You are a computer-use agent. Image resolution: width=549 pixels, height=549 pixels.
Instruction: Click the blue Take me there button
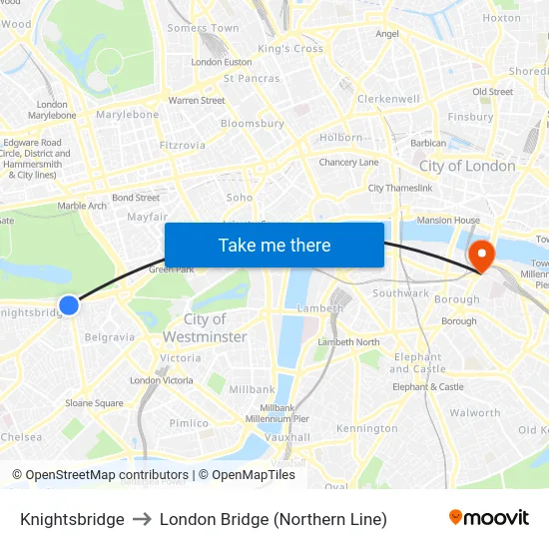point(274,245)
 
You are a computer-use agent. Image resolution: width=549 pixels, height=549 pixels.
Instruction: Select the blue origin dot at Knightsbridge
point(69,305)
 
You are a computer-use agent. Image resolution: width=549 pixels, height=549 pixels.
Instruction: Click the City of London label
point(467,167)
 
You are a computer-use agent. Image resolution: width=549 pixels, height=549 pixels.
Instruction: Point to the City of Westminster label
point(205,328)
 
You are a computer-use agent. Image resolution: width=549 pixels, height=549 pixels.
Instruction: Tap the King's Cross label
point(290,49)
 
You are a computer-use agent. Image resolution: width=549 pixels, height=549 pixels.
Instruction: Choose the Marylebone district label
point(128,115)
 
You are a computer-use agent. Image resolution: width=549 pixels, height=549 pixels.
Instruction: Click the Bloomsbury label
point(253,124)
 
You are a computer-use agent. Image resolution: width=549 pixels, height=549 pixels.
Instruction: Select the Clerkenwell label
point(388,99)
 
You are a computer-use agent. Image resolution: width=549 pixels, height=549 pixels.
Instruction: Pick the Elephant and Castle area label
point(418,363)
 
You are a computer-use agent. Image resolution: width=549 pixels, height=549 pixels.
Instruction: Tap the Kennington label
point(366,429)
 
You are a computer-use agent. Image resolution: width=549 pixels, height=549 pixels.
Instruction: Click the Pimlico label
point(189,423)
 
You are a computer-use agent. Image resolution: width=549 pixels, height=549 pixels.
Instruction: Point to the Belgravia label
point(109,337)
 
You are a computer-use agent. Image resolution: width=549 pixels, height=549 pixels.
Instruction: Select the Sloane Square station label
point(95,403)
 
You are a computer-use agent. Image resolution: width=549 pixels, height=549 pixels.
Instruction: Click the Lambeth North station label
point(348,342)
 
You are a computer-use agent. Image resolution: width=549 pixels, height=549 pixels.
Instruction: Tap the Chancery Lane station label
point(348,163)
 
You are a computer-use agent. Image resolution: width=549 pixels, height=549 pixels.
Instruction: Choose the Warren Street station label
point(197,101)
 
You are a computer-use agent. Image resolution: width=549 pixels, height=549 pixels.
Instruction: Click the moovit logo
point(489,518)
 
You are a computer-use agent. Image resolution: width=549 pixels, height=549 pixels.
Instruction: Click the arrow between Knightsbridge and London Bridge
point(142,519)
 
